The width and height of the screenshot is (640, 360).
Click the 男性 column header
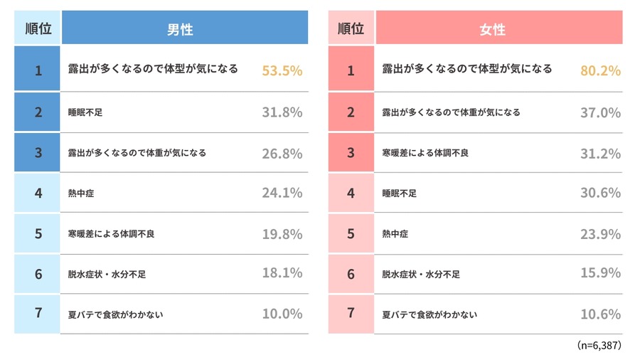(x=184, y=29)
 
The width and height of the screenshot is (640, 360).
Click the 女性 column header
(x=498, y=29)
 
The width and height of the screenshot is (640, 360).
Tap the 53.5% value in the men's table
(x=282, y=70)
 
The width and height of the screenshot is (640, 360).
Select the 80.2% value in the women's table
(x=600, y=70)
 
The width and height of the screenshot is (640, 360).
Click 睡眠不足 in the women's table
(x=400, y=194)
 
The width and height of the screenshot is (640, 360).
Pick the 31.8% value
(x=282, y=112)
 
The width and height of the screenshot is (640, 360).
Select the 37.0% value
(x=600, y=112)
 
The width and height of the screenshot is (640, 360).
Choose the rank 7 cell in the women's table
(x=351, y=314)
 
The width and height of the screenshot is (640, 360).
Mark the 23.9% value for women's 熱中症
(x=600, y=233)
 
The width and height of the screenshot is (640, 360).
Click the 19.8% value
(x=282, y=233)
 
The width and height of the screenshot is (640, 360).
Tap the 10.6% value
(x=600, y=314)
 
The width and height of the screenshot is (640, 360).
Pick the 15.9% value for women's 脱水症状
(x=600, y=273)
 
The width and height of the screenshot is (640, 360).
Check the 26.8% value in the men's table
(x=282, y=152)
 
